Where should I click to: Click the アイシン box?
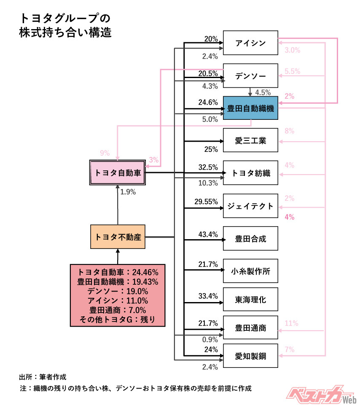pos(250,43)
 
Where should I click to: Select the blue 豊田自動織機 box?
pos(250,108)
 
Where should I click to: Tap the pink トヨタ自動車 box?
pos(118,173)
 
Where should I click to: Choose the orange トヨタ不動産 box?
pos(118,237)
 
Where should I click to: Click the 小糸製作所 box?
pos(250,270)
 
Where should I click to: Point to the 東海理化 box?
pos(250,300)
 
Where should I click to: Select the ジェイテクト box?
pos(250,206)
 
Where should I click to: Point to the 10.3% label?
pos(208,183)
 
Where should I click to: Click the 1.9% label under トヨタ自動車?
pos(129,192)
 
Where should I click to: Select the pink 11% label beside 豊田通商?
pos(291,324)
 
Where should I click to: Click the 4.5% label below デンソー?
pos(263,93)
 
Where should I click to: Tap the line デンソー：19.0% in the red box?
pos(118,292)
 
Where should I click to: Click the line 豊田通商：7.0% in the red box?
pos(118,310)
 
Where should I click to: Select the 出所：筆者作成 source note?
pos(43,376)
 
